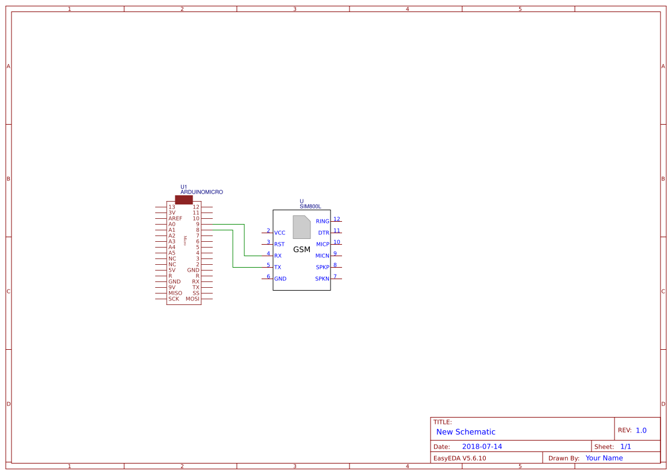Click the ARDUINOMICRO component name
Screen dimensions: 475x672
click(x=202, y=192)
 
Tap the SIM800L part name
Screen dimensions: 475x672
click(x=310, y=206)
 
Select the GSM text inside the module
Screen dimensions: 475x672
click(x=302, y=250)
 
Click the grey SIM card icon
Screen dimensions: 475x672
click(x=302, y=227)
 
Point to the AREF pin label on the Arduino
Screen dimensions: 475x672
click(x=175, y=219)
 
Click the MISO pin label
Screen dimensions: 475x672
click(x=175, y=294)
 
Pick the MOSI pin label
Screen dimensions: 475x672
click(x=193, y=299)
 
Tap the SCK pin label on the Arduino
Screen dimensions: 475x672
click(x=174, y=299)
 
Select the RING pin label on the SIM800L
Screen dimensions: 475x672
click(x=322, y=222)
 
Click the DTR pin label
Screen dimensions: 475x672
click(x=324, y=233)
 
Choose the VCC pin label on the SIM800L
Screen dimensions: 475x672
click(x=280, y=233)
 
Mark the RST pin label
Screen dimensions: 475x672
click(x=279, y=245)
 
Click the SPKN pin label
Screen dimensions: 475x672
click(x=322, y=279)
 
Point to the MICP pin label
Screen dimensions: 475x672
click(x=322, y=245)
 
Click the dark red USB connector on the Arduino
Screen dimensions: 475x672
click(x=184, y=200)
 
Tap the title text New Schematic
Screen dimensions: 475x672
click(x=466, y=432)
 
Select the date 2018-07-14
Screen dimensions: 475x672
click(x=482, y=447)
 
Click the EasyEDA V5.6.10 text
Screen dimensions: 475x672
click(x=459, y=458)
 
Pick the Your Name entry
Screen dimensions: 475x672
click(x=604, y=458)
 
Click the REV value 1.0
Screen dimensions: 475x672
click(x=641, y=430)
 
